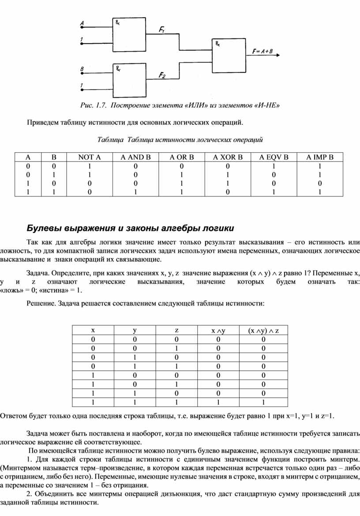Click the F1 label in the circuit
tap(161, 30)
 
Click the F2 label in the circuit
tap(162, 75)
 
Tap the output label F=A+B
tap(262, 51)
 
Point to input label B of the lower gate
tap(82, 69)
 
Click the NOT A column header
tap(90, 157)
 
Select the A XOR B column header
tap(228, 157)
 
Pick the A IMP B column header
tap(321, 157)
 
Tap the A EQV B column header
tap(274, 157)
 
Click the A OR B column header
tap(181, 157)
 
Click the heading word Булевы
tap(44, 228)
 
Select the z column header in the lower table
tap(176, 330)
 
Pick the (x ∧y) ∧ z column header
tap(263, 331)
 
